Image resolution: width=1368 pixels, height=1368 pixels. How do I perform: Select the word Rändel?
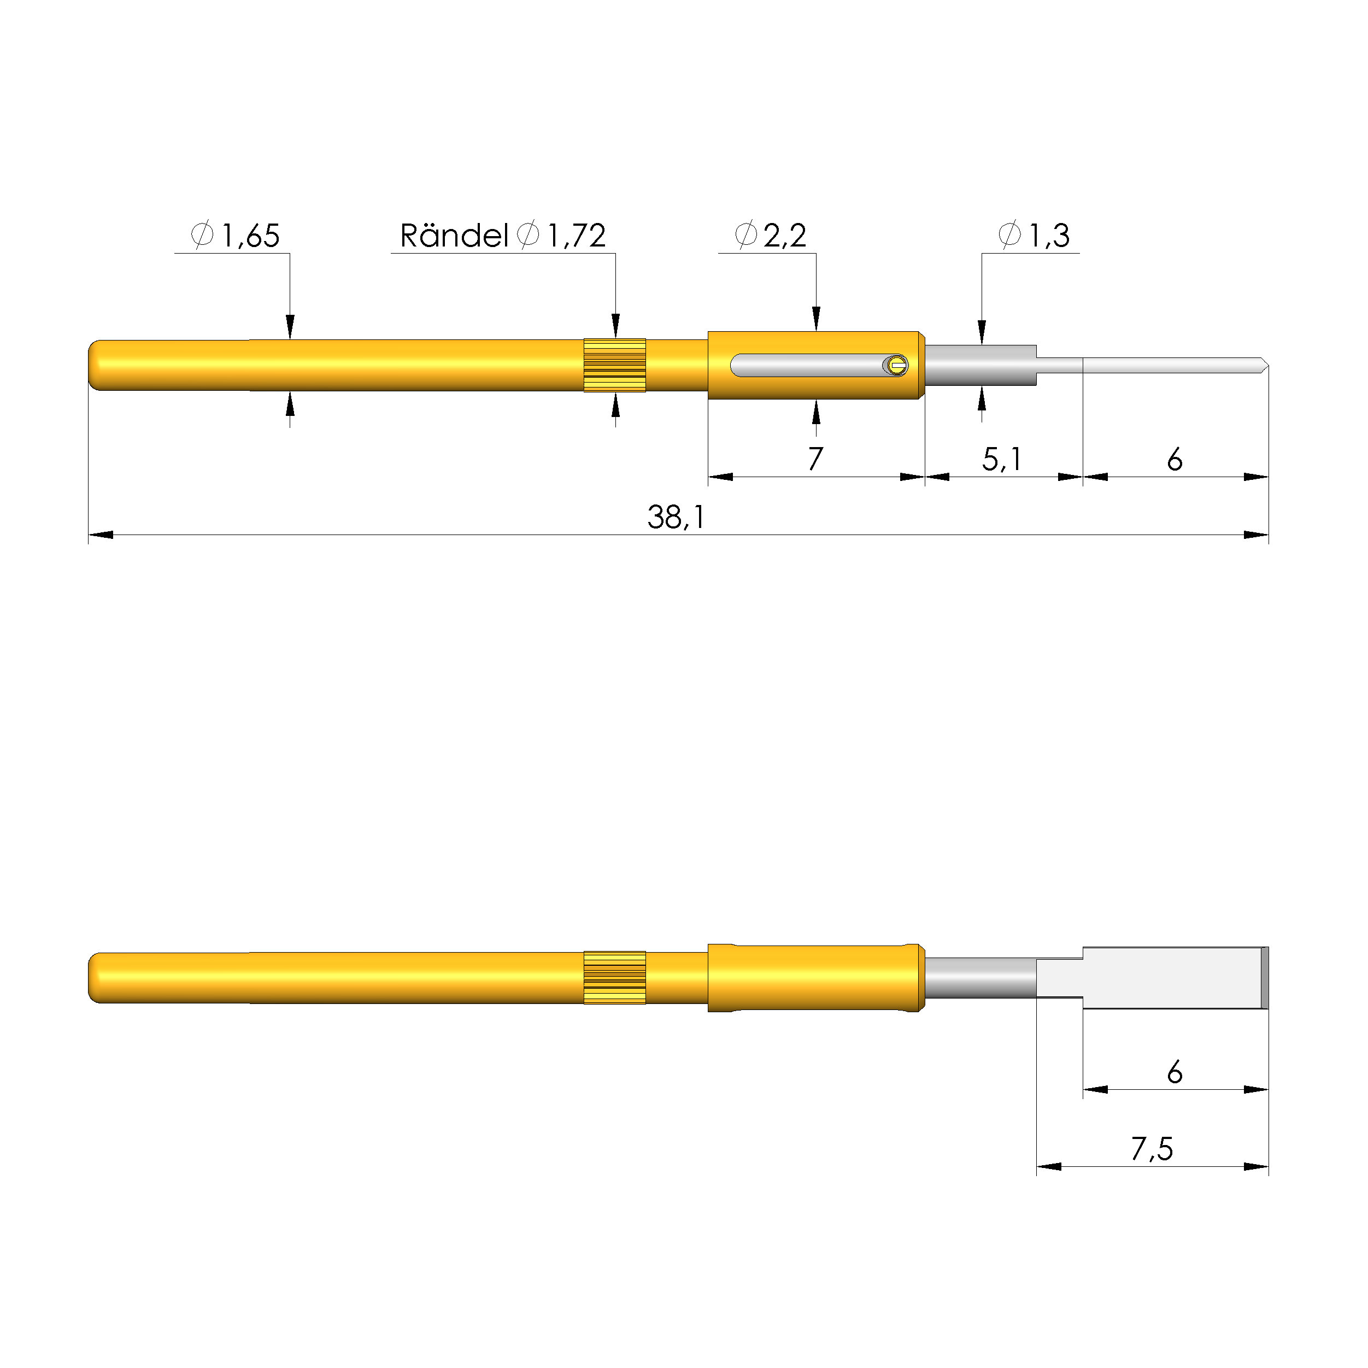click(453, 236)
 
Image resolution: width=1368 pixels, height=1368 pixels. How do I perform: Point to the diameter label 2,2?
click(784, 236)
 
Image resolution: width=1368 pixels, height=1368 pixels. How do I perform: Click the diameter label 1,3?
click(1049, 236)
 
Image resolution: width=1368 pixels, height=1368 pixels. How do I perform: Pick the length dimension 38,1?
click(676, 518)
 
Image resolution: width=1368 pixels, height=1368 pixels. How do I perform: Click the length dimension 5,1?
click(1001, 460)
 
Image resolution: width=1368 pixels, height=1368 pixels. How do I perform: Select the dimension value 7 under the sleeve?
click(815, 460)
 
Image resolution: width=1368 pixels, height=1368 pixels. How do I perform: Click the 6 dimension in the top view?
click(1175, 460)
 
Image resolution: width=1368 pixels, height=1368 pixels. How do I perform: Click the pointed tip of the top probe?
click(1264, 366)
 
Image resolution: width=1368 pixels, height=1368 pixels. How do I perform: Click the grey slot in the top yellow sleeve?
click(807, 366)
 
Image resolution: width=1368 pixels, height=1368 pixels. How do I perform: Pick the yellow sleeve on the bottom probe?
click(815, 977)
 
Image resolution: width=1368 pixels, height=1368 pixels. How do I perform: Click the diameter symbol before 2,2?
click(745, 234)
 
